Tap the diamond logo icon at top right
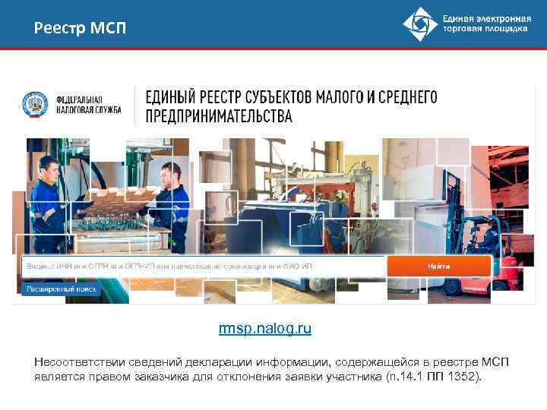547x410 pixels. (420, 24)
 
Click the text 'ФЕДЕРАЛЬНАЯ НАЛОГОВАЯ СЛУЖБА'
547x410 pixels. (78, 104)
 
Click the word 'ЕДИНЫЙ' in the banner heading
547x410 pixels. (169, 96)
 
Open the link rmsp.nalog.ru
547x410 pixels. (264, 329)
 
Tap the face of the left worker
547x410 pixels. (49, 166)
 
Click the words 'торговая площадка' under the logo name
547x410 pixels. (485, 29)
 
